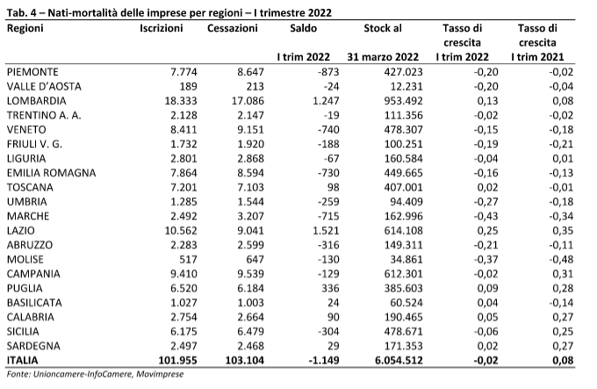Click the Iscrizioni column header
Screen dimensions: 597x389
161,29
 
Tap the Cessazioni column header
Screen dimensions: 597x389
233,29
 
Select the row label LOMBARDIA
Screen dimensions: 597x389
37,101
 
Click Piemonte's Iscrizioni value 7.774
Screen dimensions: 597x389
183,72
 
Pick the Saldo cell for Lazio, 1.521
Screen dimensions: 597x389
325,231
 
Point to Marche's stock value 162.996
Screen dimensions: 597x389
404,216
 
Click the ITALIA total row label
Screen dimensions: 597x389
23,360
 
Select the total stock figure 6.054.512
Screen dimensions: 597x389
399,360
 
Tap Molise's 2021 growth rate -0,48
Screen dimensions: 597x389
561,260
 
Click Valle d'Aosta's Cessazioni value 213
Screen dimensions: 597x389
255,86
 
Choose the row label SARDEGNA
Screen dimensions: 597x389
33,346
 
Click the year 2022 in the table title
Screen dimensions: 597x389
320,13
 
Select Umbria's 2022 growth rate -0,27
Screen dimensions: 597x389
486,202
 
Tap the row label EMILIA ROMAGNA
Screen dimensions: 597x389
52,173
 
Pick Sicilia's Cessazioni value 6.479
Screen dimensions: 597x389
249,332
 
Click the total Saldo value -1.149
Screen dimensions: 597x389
322,360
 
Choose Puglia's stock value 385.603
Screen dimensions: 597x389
404,289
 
